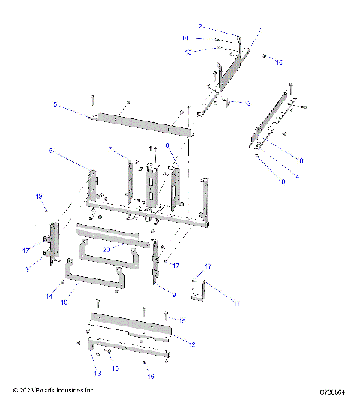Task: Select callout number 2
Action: (x=200, y=26)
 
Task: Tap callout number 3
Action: (x=249, y=102)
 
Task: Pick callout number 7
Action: (x=109, y=150)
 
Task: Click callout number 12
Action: (x=193, y=344)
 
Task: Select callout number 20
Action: (x=106, y=250)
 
